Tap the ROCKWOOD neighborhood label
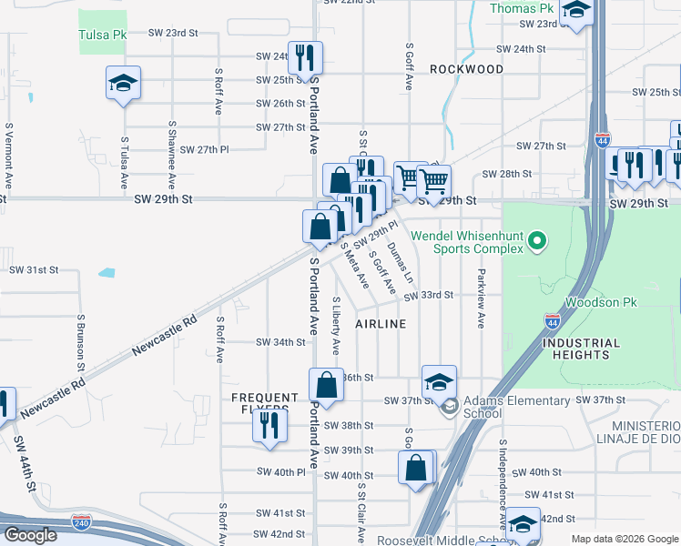coord(466,69)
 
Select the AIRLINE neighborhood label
coord(380,324)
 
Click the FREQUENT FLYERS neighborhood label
coord(264,405)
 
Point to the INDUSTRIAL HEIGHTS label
coord(580,349)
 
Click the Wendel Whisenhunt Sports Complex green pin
coord(537,241)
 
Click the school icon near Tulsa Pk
coord(123,84)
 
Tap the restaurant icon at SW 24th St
coord(305,58)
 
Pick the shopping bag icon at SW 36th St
coord(326,384)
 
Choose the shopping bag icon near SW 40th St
coord(415,469)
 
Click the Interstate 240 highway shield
coord(80,522)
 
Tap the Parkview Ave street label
coord(480,297)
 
